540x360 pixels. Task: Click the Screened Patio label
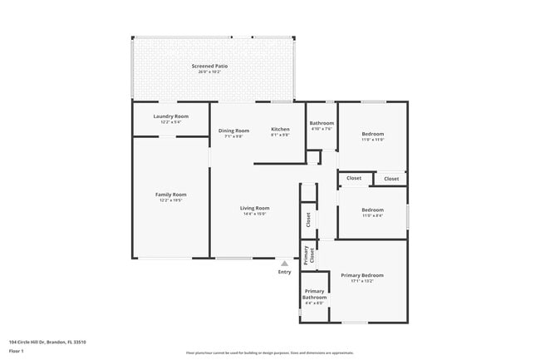point(209,66)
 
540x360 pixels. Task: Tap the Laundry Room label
point(171,116)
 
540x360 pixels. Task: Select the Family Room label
point(171,195)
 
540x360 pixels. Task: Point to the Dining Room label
point(234,131)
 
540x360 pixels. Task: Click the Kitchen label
point(280,130)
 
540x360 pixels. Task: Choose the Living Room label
point(255,208)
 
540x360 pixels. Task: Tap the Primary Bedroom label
point(361,275)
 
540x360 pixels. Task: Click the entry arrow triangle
point(285,264)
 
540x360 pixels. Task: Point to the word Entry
point(285,272)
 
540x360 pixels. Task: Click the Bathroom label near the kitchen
point(322,123)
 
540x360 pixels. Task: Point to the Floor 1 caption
point(17,351)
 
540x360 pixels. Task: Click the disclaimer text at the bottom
point(270,353)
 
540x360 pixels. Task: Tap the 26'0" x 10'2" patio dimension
point(209,72)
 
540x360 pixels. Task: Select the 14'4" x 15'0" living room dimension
point(255,214)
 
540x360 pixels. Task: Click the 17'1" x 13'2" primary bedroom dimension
point(361,281)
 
